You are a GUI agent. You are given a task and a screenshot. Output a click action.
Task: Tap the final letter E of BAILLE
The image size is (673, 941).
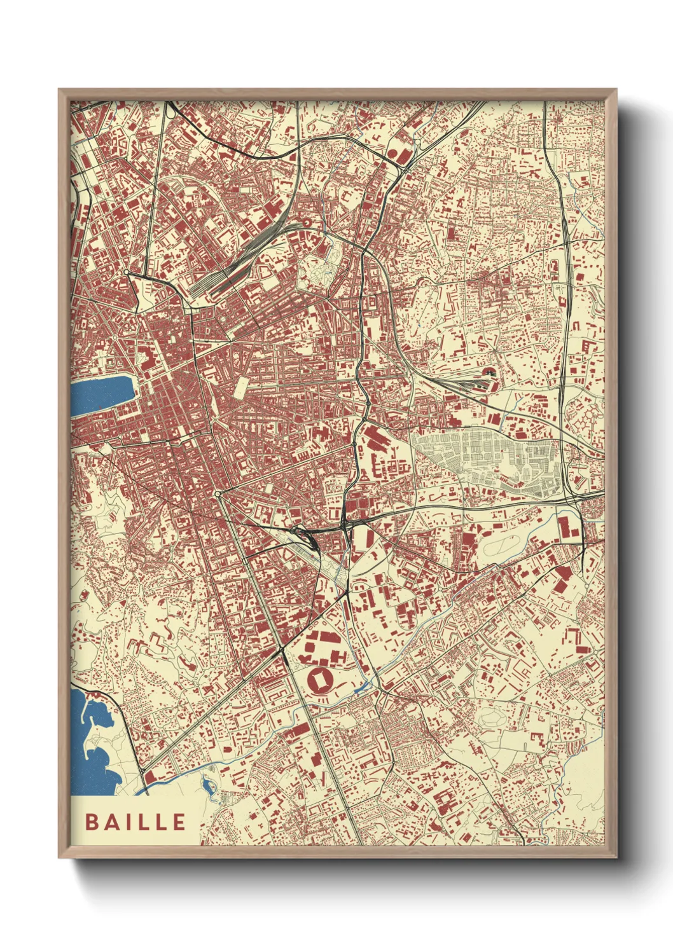point(179,821)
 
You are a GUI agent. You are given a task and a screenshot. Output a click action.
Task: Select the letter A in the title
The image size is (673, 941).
point(110,821)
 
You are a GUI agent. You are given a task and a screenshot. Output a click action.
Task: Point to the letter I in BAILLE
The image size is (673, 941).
point(126,821)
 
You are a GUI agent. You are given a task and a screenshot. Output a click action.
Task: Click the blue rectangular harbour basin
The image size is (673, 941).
point(102,395)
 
